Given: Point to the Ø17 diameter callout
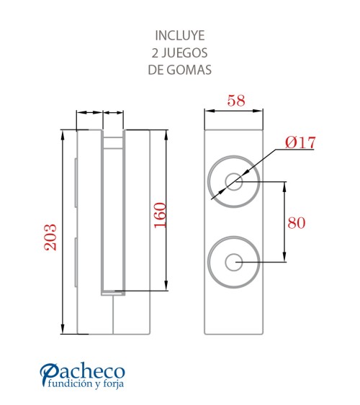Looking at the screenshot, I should pyautogui.click(x=300, y=142).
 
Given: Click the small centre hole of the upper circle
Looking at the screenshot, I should pyautogui.click(x=233, y=181).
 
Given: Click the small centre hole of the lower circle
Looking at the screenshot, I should pyautogui.click(x=233, y=262).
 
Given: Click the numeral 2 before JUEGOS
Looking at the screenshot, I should pyautogui.click(x=155, y=53).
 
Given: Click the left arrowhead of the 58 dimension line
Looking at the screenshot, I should pyautogui.click(x=209, y=111).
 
